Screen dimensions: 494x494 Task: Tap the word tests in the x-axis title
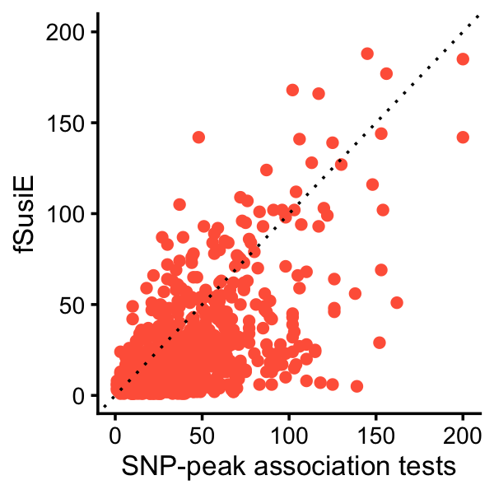coord(426,467)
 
